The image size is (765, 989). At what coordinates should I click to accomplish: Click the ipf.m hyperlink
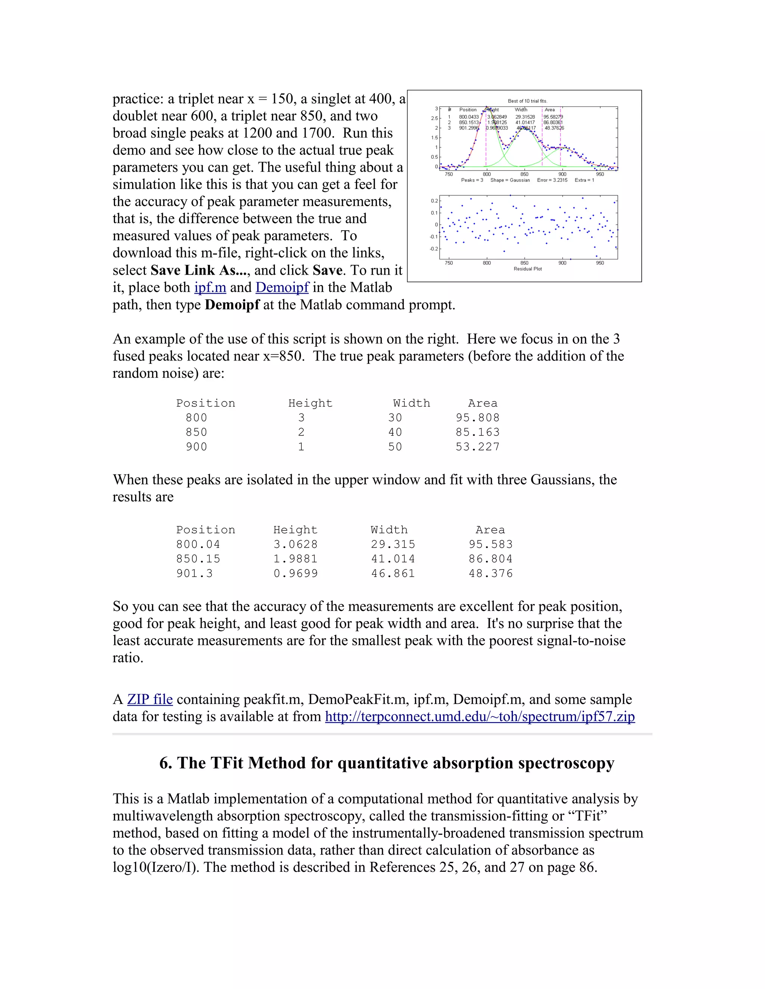click(210, 287)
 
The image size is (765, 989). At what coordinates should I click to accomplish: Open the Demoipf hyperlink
click(282, 287)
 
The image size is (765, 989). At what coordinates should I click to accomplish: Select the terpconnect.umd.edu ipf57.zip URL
click(480, 717)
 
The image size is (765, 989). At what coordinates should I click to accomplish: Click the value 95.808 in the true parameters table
click(477, 418)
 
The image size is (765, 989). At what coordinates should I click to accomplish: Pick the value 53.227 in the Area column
click(477, 447)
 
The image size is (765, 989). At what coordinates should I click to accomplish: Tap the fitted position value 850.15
click(198, 559)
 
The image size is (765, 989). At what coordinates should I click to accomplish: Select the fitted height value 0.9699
click(295, 574)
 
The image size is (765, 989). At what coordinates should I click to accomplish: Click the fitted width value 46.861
click(393, 574)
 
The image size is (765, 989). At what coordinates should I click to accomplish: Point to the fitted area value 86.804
click(490, 559)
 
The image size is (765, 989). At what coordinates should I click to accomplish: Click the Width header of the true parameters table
click(412, 403)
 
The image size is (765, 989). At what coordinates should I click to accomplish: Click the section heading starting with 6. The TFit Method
click(387, 763)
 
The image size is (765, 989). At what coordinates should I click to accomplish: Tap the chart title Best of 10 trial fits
click(527, 101)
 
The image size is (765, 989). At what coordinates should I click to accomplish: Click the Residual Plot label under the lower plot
click(527, 269)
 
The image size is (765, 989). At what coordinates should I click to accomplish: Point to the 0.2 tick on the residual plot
click(434, 201)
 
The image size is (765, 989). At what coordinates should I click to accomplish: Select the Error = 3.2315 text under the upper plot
click(552, 180)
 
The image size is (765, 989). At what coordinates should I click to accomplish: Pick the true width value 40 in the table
click(395, 433)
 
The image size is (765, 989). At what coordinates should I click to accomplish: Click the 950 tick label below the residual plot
click(600, 263)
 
